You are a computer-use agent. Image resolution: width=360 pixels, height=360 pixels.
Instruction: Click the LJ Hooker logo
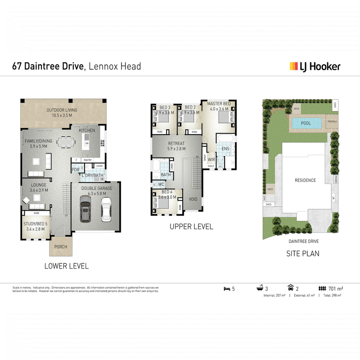coord(315,67)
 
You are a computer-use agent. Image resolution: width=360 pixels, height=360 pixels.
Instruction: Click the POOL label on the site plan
coord(306,123)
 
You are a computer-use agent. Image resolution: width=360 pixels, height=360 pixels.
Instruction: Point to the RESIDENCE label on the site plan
coord(305,180)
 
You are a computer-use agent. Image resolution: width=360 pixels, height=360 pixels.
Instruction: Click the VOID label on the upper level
coord(193,199)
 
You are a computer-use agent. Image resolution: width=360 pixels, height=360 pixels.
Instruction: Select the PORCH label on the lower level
coord(60,247)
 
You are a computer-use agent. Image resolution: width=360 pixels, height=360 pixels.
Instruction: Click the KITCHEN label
coord(87,130)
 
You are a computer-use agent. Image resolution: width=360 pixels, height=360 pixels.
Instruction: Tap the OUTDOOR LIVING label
coord(62,110)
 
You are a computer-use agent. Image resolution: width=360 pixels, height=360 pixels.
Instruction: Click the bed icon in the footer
coord(226,288)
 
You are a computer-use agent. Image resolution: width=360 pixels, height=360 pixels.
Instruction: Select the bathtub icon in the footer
coord(260,288)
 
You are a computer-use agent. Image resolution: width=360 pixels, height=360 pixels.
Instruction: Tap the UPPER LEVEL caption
coord(191,227)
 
